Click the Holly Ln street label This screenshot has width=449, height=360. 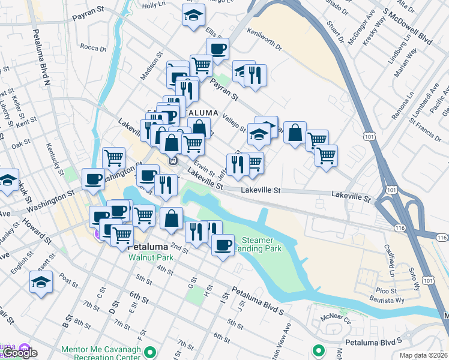click(153, 4)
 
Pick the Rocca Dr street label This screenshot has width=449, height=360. click(92, 47)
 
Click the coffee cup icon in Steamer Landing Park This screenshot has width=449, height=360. click(223, 245)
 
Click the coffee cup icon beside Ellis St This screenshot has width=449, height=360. click(217, 49)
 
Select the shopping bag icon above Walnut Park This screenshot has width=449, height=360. click(172, 219)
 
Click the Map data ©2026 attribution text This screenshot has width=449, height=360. click(423, 355)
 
